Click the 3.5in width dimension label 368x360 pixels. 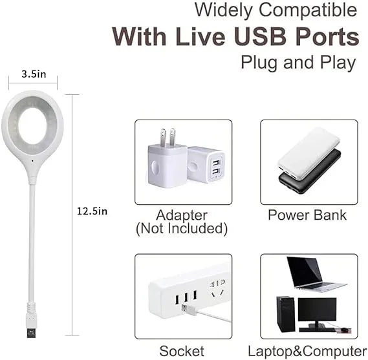(x=32, y=74)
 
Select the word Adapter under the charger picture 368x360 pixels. (x=182, y=215)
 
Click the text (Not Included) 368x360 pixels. (x=182, y=229)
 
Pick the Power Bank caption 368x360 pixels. (x=307, y=215)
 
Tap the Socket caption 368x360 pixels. (x=183, y=351)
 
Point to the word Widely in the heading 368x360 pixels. (x=224, y=10)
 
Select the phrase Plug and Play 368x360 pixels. (x=298, y=62)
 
